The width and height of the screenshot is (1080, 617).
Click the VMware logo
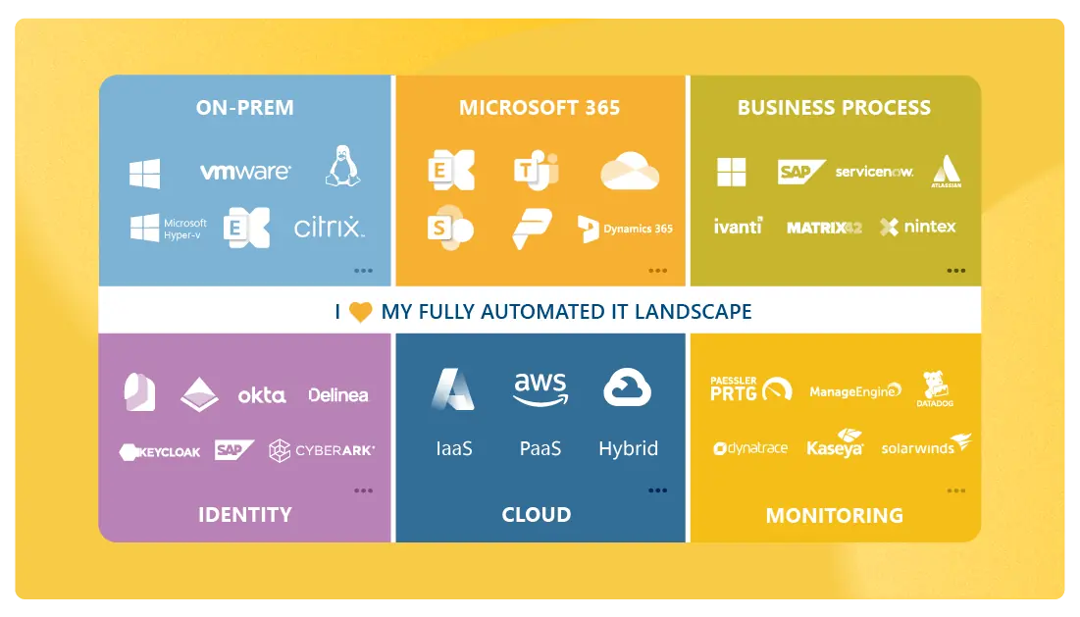pyautogui.click(x=245, y=172)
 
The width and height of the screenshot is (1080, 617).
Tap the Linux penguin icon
pyautogui.click(x=342, y=166)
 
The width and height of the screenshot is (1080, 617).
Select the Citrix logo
pyautogui.click(x=329, y=229)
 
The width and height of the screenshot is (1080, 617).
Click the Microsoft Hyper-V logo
pyautogui.click(x=169, y=229)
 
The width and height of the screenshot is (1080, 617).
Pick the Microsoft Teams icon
pyautogui.click(x=537, y=170)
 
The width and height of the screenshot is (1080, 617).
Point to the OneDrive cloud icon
pyautogui.click(x=629, y=171)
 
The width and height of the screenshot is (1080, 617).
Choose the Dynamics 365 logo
pyautogui.click(x=625, y=229)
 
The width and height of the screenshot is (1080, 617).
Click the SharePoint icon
pyautogui.click(x=450, y=228)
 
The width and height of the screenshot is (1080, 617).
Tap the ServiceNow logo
pyautogui.click(x=874, y=172)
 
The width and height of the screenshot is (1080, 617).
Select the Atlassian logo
pyautogui.click(x=946, y=171)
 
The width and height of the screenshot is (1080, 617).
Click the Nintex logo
pyautogui.click(x=917, y=228)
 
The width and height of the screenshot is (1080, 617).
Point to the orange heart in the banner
pyautogui.click(x=361, y=312)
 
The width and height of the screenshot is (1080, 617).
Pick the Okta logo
pyautogui.click(x=262, y=395)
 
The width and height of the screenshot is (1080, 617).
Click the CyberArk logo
pyautogui.click(x=322, y=450)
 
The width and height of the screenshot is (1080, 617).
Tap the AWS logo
pyautogui.click(x=540, y=388)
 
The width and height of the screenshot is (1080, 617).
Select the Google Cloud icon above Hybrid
pyautogui.click(x=628, y=387)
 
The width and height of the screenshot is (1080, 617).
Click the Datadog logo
pyautogui.click(x=935, y=388)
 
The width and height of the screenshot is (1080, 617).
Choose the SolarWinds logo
pyautogui.click(x=925, y=446)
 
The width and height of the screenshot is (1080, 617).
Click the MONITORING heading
pyautogui.click(x=834, y=515)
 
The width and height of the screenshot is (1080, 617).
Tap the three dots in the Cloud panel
pyautogui.click(x=657, y=490)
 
